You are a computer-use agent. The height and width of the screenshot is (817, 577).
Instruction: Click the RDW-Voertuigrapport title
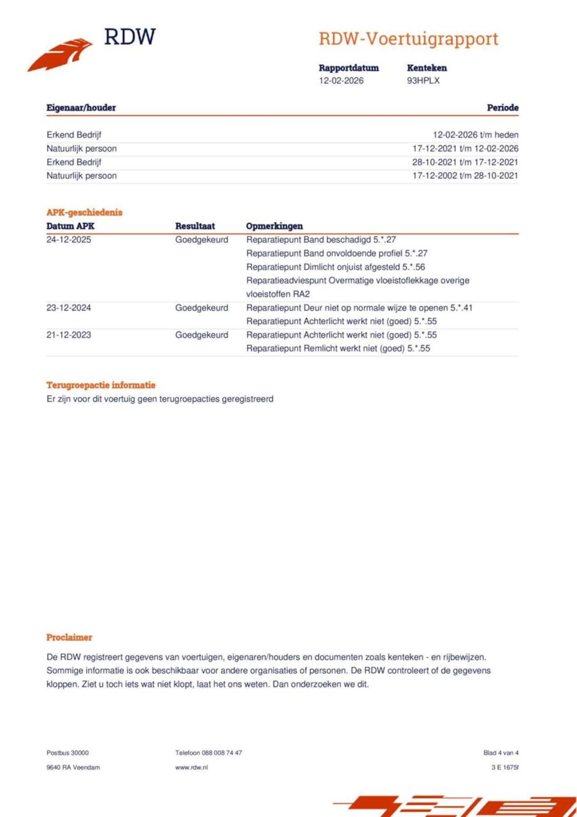point(408,39)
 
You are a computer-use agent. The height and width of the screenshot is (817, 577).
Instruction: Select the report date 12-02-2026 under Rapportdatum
point(341,81)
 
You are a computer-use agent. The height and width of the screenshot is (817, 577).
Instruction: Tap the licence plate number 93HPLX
point(423,81)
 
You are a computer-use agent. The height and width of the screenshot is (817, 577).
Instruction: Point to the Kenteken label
point(426,68)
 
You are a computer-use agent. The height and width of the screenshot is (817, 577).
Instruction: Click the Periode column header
point(502,108)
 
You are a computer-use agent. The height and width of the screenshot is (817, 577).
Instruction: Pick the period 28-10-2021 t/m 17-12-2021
point(465,162)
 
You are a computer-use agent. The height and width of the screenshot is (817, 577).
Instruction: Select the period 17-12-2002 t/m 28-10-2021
point(465,176)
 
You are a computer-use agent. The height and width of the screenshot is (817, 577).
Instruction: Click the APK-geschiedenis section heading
point(84,212)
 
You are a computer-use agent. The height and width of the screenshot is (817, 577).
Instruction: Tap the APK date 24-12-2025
point(69,240)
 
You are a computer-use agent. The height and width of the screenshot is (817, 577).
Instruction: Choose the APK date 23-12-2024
point(69,308)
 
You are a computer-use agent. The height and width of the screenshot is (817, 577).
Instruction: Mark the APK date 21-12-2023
point(69,335)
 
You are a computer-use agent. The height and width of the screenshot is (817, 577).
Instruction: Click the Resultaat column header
point(195,226)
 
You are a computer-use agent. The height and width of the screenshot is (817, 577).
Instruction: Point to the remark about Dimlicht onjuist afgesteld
point(335,267)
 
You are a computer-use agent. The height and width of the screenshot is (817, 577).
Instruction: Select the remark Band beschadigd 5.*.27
point(321,240)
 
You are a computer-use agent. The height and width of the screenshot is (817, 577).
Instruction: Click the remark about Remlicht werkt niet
point(338,349)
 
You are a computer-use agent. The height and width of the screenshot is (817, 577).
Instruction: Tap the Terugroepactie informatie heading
point(101,386)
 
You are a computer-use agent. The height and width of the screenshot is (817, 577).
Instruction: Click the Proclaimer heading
point(69,638)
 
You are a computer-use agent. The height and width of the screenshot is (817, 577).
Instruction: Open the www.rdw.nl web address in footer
point(191,767)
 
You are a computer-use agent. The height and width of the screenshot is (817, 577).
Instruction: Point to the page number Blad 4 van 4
point(500,753)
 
